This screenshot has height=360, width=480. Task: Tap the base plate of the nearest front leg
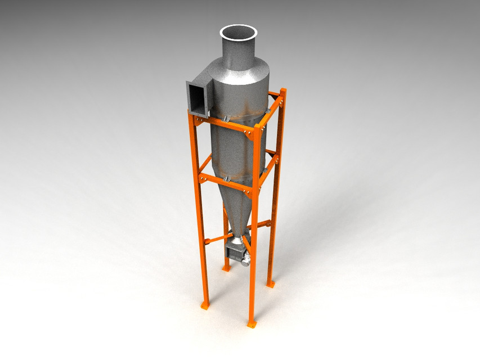(252, 325)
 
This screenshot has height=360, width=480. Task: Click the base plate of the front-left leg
(205, 305)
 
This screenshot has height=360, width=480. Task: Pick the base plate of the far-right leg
(271, 284)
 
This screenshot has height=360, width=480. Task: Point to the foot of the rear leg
(226, 269)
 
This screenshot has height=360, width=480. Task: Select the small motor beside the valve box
(244, 257)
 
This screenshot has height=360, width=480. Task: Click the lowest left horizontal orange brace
(217, 238)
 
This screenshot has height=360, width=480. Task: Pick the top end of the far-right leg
(282, 91)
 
